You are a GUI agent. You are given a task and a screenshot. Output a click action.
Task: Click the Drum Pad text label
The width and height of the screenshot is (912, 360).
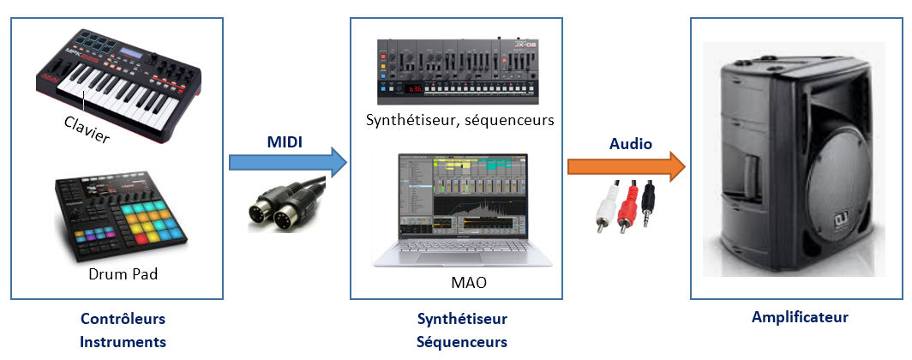[x=123, y=275]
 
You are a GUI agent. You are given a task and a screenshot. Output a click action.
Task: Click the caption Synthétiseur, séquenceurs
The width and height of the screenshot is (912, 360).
[x=459, y=120]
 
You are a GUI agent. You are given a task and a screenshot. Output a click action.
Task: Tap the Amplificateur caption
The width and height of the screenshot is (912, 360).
[x=800, y=317]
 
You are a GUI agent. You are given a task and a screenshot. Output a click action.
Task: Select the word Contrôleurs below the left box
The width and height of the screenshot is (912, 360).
[x=123, y=319]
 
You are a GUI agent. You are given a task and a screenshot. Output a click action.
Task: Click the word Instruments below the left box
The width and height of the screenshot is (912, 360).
[x=123, y=342]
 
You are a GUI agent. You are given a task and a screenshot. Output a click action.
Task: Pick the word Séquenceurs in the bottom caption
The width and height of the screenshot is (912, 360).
[x=462, y=342]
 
